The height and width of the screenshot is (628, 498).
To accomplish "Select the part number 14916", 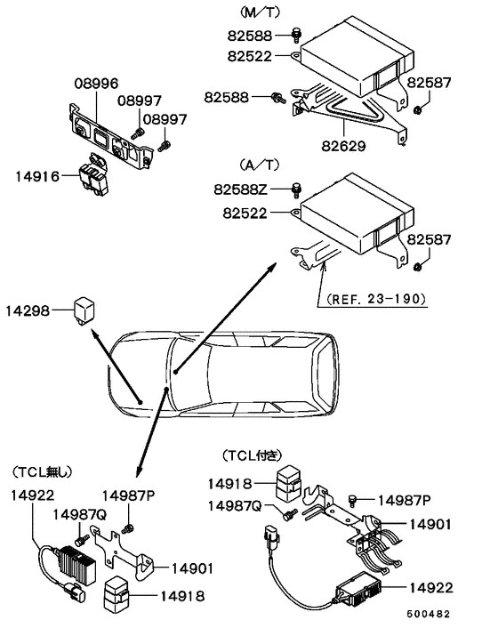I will click(36, 177).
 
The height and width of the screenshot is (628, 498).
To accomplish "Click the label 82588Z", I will click(241, 189).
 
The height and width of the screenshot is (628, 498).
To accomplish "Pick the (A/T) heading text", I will click(259, 165).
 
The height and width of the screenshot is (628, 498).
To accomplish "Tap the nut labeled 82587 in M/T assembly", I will click(417, 110).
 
